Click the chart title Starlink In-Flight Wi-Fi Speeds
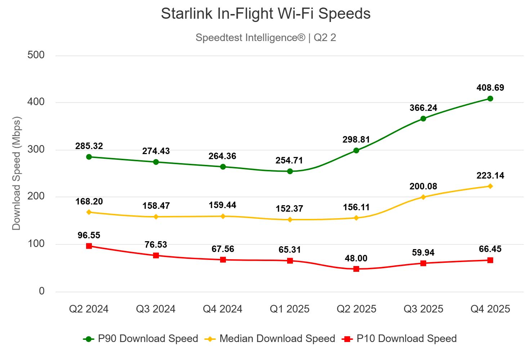[265, 14]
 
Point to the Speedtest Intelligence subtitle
[265, 37]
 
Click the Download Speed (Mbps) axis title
[17, 173]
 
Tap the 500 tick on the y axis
[36, 55]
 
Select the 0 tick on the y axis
[42, 291]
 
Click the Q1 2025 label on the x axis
[290, 309]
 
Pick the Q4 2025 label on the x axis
[490, 309]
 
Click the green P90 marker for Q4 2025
[490, 99]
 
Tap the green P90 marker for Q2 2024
[89, 157]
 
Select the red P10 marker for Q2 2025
[356, 269]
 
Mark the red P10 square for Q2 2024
[89, 246]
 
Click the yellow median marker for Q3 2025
[423, 197]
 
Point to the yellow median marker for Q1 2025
[290, 220]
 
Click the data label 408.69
[490, 88]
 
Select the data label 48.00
[356, 258]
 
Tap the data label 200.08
[423, 186]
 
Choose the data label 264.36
[222, 156]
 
